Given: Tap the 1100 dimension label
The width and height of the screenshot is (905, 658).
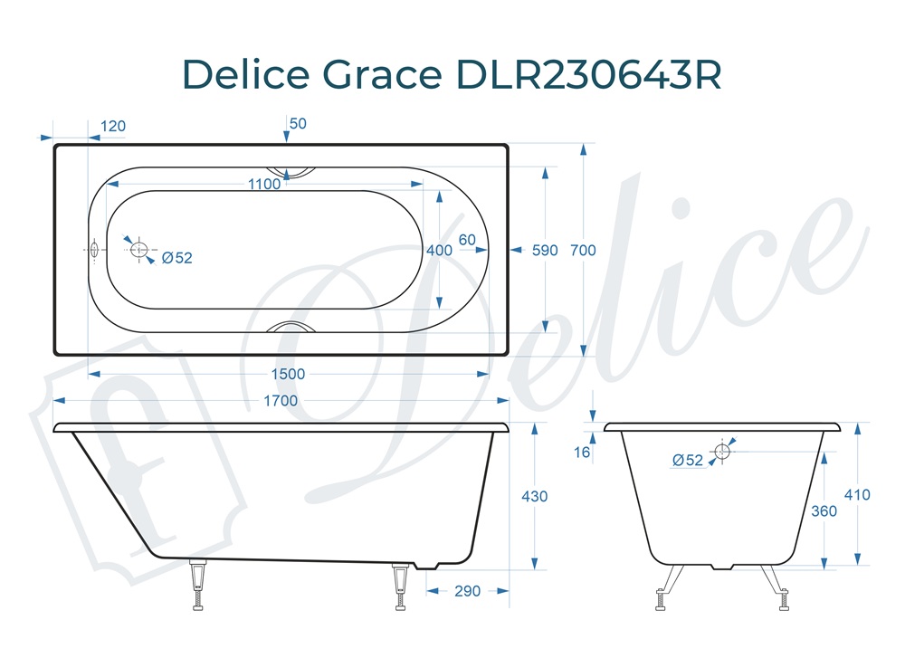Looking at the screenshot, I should click(x=264, y=185).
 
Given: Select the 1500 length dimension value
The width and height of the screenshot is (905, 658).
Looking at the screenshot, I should click(x=289, y=374).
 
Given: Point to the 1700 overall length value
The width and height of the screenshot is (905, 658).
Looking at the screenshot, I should click(x=281, y=400).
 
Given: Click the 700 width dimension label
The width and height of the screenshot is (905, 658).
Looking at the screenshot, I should click(x=584, y=250).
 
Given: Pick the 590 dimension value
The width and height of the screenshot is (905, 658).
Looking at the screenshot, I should click(x=545, y=250).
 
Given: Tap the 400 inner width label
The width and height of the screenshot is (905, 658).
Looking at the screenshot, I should click(x=439, y=250).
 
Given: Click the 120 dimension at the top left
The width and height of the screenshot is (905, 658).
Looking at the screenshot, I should click(x=112, y=126).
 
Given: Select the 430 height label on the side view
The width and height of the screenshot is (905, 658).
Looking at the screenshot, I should click(x=535, y=496).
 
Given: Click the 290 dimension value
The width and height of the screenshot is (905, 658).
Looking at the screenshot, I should click(x=467, y=591).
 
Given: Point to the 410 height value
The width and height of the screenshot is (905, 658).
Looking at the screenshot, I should click(x=856, y=495).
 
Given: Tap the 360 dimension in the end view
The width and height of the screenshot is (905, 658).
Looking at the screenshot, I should click(x=824, y=510).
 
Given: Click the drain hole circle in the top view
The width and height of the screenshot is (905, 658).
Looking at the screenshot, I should click(x=138, y=250).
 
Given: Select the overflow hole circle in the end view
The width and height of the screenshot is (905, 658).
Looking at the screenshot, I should click(x=722, y=451).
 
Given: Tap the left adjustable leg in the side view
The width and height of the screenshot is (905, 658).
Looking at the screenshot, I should click(x=197, y=586).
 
